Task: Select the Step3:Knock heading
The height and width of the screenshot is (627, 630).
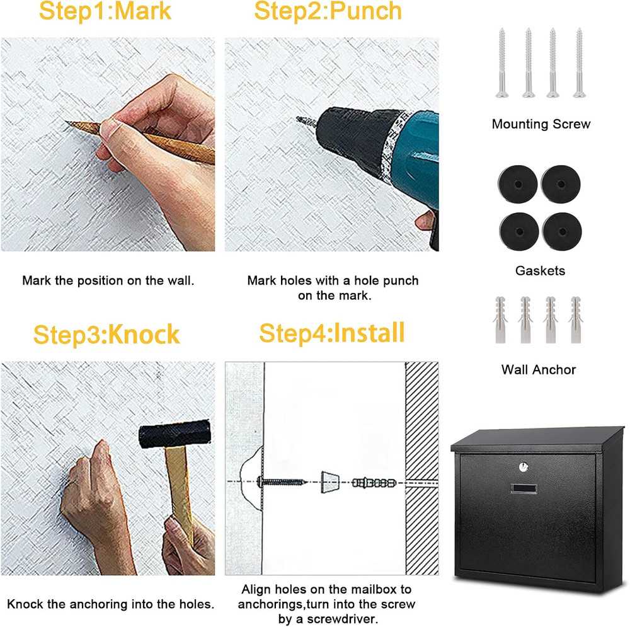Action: (106, 334)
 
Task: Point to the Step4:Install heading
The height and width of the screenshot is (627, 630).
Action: (331, 333)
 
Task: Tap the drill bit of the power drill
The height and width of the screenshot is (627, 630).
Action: (306, 120)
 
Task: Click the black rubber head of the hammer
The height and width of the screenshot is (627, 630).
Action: (174, 435)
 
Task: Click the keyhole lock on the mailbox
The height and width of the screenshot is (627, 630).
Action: (522, 467)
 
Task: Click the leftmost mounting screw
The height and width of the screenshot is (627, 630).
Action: (502, 63)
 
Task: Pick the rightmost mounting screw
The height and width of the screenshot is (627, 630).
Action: (578, 63)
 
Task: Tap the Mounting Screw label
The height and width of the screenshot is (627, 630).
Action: (541, 124)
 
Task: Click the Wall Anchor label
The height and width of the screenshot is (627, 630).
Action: (539, 370)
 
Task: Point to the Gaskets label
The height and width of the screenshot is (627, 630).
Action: (540, 271)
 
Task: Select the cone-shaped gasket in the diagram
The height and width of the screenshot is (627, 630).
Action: (328, 483)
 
